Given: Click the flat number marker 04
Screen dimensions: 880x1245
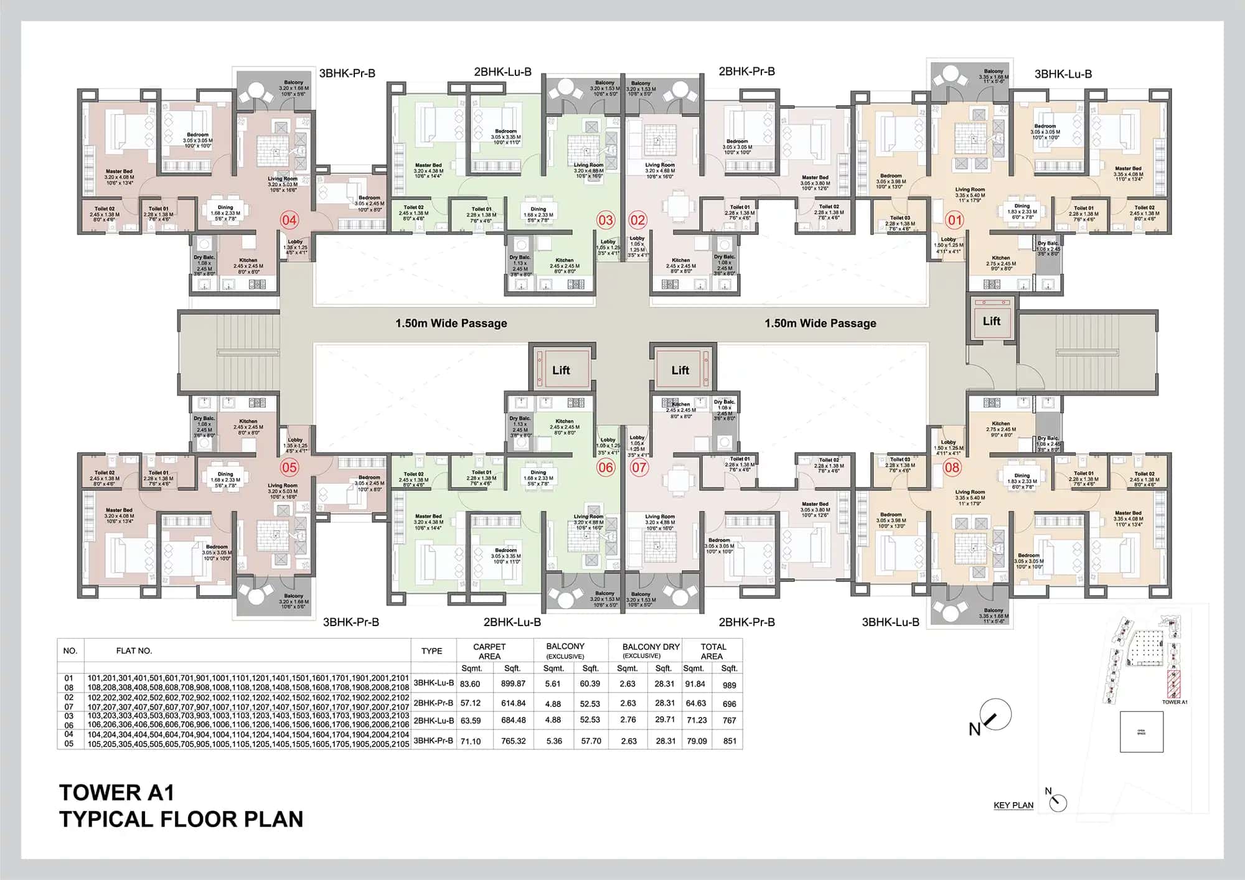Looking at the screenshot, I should click(289, 220).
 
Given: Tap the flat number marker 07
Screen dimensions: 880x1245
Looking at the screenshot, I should click(639, 467).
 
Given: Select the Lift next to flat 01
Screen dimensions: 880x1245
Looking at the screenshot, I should click(991, 321).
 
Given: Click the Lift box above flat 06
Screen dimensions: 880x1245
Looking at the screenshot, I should click(561, 370).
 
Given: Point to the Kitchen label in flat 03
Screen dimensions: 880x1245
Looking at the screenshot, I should click(565, 260).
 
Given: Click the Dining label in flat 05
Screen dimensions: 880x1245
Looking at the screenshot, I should click(225, 474).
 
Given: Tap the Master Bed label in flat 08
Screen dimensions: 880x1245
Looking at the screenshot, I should click(1128, 513).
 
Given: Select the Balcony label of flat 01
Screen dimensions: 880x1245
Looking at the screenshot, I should click(994, 71).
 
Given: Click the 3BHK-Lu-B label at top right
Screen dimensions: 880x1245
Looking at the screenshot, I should click(1063, 74).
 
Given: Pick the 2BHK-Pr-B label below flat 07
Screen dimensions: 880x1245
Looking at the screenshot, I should click(746, 622).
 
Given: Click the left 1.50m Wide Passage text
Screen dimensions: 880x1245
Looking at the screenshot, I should click(451, 324).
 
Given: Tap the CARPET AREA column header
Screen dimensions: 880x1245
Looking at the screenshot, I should click(489, 651).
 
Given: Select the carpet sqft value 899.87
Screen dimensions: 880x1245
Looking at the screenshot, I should click(513, 683).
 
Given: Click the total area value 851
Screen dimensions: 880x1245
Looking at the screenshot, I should click(730, 741).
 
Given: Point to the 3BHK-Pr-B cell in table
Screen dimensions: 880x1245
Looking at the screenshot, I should click(433, 741).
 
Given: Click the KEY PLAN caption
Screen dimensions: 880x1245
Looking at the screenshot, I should click(1013, 805).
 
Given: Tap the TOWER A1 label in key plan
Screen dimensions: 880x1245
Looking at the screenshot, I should click(1175, 702).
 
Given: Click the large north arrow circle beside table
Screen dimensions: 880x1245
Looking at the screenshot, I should click(995, 715).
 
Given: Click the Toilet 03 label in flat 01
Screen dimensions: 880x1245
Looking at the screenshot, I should click(900, 218).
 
